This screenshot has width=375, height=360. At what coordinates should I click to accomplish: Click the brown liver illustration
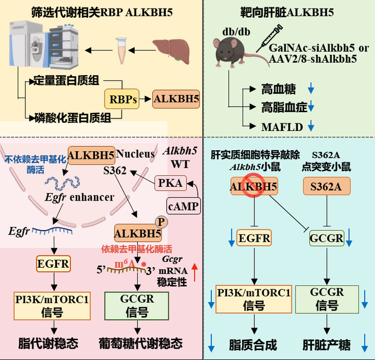tap(171, 51)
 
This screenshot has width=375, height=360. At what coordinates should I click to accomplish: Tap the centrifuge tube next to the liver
tap(121, 50)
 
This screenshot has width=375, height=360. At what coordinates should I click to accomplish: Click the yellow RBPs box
tap(122, 99)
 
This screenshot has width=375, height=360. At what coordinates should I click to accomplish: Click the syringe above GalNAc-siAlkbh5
tap(269, 38)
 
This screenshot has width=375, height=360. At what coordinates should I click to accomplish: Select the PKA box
tap(170, 183)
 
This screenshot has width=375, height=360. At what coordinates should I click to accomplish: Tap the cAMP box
tap(183, 206)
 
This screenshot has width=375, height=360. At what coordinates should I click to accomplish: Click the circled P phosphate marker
tap(161, 222)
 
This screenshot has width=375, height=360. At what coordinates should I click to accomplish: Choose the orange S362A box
tap(327, 186)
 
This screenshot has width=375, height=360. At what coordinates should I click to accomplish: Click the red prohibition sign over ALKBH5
tap(254, 186)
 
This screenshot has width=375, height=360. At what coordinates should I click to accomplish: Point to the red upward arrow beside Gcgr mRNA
tap(195, 272)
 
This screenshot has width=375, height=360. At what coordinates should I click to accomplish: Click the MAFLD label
tap(282, 127)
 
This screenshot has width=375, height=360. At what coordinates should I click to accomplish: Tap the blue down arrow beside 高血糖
tap(311, 88)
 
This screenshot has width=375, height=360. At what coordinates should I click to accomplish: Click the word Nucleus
tap(135, 153)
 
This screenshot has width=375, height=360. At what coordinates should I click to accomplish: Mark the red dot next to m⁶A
tap(144, 265)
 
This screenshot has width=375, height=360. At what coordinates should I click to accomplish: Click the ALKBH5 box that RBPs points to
tap(176, 99)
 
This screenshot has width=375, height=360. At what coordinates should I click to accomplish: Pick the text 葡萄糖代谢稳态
tap(141, 343)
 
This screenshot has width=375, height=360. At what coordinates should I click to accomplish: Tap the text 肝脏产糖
tap(327, 344)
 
